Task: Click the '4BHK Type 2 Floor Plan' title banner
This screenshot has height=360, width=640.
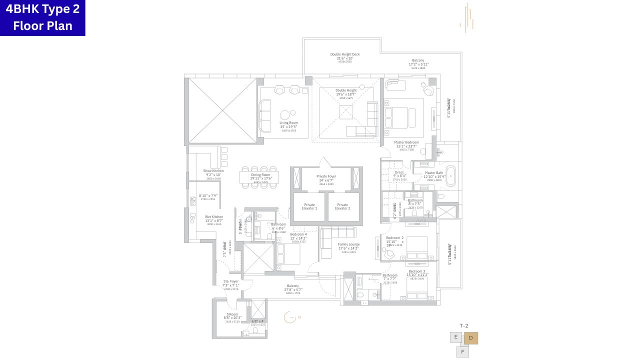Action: (42, 18)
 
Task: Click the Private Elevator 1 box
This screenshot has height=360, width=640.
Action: (309, 206)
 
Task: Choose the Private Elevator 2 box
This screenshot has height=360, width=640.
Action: (342, 206)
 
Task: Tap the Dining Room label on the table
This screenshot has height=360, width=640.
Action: (260, 176)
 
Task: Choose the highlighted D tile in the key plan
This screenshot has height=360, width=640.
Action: (470, 338)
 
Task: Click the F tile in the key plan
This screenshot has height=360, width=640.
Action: (462, 352)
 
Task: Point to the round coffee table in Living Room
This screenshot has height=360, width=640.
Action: (284, 113)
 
